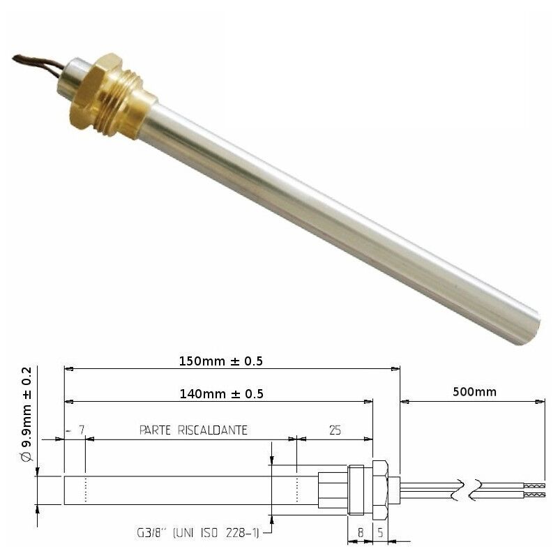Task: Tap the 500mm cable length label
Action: (x=474, y=392)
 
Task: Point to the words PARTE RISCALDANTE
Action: (x=193, y=431)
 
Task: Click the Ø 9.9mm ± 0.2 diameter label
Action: (x=27, y=415)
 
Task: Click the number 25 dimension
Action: (x=335, y=431)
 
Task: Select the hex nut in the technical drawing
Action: (x=379, y=488)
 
